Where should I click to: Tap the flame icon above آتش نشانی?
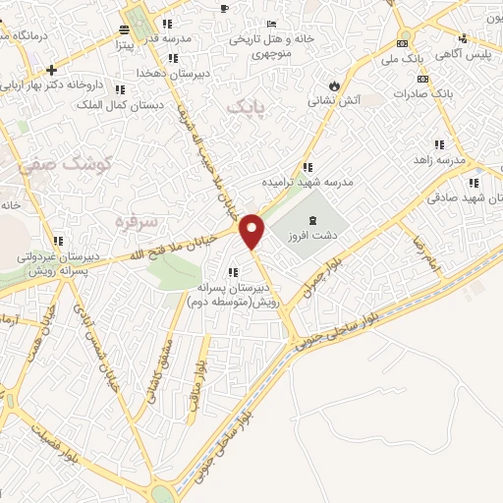[335, 85]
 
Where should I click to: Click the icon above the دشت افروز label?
[313, 220]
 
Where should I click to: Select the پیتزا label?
[122, 44]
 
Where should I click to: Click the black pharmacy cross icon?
[51, 69]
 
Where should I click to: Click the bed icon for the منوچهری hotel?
[271, 24]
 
